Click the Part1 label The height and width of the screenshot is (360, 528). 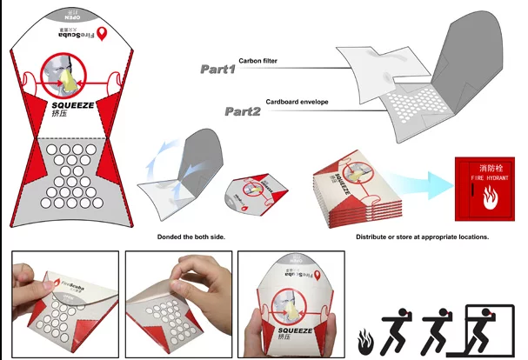click(x=217, y=69)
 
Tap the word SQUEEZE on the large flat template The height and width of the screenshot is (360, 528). click(x=72, y=105)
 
